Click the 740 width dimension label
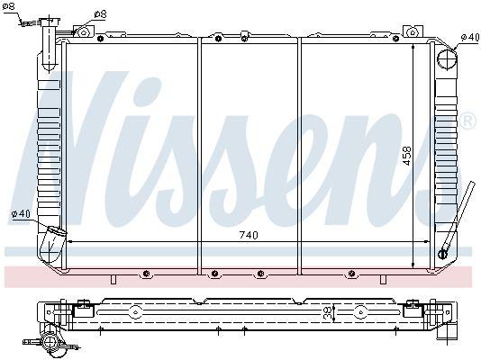click(249, 236)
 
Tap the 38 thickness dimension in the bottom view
click(327, 312)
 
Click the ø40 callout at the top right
click(468, 37)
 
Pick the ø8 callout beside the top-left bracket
click(100, 14)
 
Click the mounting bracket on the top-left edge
click(83, 31)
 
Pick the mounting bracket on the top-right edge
click(415, 33)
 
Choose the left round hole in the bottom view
click(134, 312)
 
